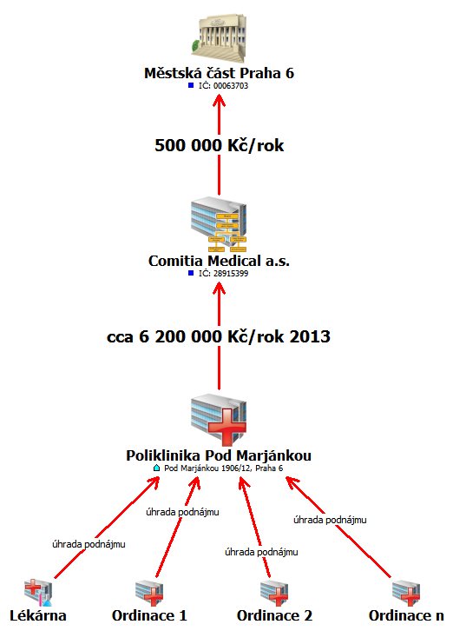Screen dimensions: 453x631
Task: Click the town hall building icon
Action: click(x=219, y=38)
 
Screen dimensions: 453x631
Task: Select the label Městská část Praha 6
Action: click(x=219, y=73)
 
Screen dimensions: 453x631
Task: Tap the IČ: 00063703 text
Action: click(x=224, y=86)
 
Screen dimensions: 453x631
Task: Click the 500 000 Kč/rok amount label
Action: click(x=219, y=145)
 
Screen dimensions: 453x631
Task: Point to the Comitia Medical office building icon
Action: click(x=219, y=224)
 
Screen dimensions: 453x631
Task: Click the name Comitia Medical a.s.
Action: click(x=219, y=261)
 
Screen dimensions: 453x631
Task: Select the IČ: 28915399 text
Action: click(x=224, y=274)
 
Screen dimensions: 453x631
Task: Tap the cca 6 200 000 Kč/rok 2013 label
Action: click(x=219, y=336)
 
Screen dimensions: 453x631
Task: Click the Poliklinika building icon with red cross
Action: click(x=219, y=419)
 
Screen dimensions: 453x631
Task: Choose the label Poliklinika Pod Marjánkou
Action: click(x=219, y=455)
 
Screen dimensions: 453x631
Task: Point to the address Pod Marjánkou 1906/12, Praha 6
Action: click(x=224, y=468)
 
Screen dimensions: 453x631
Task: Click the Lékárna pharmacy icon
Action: click(x=38, y=593)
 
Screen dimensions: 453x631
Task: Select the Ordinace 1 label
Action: click(x=149, y=615)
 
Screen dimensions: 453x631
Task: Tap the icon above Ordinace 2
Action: click(x=274, y=593)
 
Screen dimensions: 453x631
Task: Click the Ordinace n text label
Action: click(x=406, y=615)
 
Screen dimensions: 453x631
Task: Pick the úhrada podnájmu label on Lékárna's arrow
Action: click(x=89, y=544)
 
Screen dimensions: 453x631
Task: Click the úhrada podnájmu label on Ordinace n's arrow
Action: click(x=330, y=520)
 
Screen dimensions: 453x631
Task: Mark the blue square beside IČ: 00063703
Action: click(x=191, y=85)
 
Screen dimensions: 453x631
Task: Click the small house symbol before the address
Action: click(x=157, y=468)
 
